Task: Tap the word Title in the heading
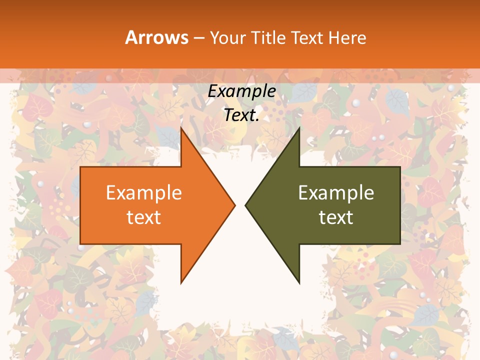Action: [x=267, y=38]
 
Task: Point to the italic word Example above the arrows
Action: [x=241, y=91]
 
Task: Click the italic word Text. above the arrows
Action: [x=241, y=115]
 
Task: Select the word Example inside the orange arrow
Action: [x=144, y=192]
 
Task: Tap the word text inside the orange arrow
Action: [x=144, y=217]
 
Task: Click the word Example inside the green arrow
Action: [x=336, y=192]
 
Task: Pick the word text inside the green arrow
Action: [x=336, y=217]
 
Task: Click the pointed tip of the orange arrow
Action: [x=235, y=205]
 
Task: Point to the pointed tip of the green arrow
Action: [x=245, y=205]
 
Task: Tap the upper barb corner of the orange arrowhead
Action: [x=181, y=127]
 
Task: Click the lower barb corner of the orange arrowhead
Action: [x=181, y=283]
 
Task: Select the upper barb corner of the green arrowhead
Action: [x=299, y=127]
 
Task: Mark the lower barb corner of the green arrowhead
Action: [x=299, y=283]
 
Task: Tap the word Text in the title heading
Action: [x=307, y=38]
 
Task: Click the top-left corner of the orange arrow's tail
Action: [x=80, y=167]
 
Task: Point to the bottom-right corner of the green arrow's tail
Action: [x=400, y=244]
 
